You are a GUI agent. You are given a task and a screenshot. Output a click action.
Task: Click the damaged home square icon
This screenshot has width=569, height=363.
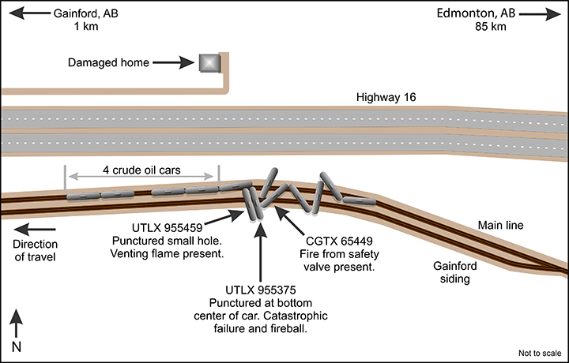pyautogui.click(x=209, y=62)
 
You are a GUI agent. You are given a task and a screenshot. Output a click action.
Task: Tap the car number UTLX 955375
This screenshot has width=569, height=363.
pyautogui.click(x=260, y=290)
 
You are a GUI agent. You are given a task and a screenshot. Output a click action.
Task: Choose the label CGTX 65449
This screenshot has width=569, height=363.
pyautogui.click(x=336, y=241)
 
